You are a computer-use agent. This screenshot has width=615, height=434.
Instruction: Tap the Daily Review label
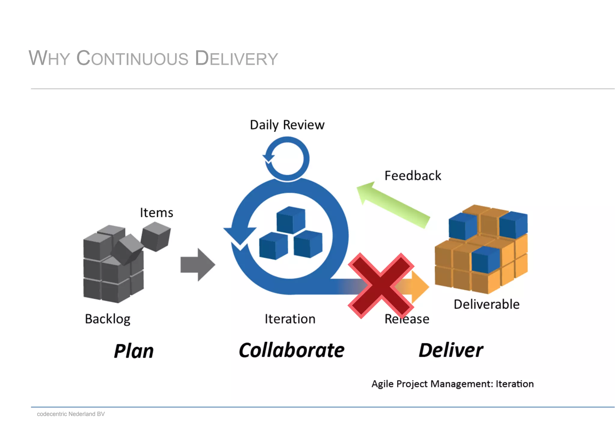click(x=287, y=125)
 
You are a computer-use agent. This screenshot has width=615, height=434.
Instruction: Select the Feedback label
click(x=413, y=176)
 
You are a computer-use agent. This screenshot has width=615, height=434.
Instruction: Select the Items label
click(x=156, y=213)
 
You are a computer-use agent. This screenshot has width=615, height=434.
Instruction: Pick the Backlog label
click(x=108, y=319)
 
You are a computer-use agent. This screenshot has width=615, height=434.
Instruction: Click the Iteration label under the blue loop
click(x=290, y=319)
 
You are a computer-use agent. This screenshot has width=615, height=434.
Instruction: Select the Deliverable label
click(x=486, y=304)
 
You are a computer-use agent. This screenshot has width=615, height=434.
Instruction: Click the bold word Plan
click(x=134, y=351)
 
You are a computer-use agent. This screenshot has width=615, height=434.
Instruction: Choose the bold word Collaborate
click(x=291, y=350)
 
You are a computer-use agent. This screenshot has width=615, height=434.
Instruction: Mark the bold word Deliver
click(x=451, y=350)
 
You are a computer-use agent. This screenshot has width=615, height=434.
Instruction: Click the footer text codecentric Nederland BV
click(x=71, y=414)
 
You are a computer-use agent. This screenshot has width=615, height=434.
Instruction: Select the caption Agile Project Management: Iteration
click(x=452, y=384)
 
